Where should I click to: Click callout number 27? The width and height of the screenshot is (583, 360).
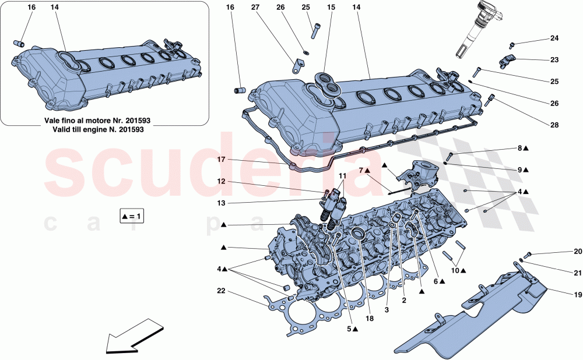(x=255, y=7)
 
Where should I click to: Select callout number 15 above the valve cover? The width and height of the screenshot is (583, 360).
(x=331, y=7)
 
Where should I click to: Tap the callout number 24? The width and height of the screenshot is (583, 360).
(x=554, y=38)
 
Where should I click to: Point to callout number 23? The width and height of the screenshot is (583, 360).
(x=554, y=59)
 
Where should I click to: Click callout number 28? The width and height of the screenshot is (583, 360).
(x=554, y=125)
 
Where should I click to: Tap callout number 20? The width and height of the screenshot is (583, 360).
(x=577, y=252)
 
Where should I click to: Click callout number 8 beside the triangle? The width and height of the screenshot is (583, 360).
(x=520, y=149)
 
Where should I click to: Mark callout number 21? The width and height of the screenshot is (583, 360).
(x=577, y=273)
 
